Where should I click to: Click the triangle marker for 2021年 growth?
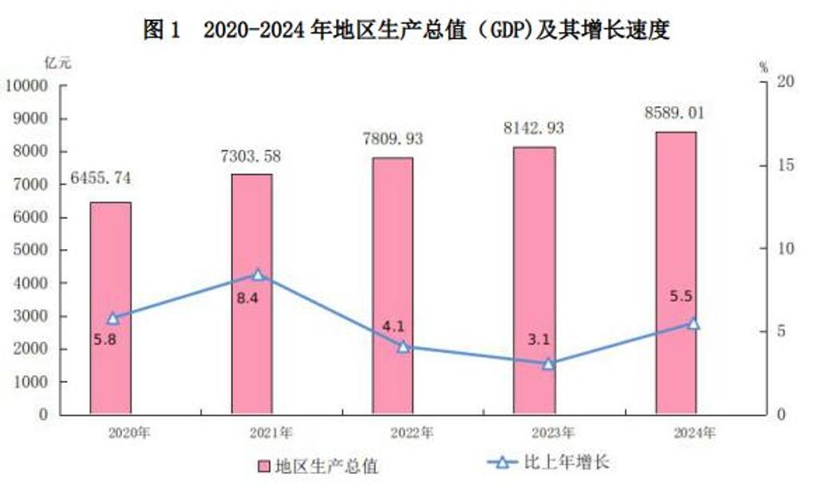click(x=258, y=275)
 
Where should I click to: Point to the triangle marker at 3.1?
click(x=548, y=364)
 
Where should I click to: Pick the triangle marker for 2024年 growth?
click(x=693, y=324)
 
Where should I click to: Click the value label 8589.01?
click(x=675, y=112)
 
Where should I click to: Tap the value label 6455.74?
click(x=101, y=178)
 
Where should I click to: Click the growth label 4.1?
click(x=393, y=325)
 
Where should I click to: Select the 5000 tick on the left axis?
click(x=30, y=250)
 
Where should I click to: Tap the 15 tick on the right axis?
click(x=764, y=165)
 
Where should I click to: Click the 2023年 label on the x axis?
click(x=552, y=433)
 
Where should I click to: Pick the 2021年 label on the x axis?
click(x=271, y=433)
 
